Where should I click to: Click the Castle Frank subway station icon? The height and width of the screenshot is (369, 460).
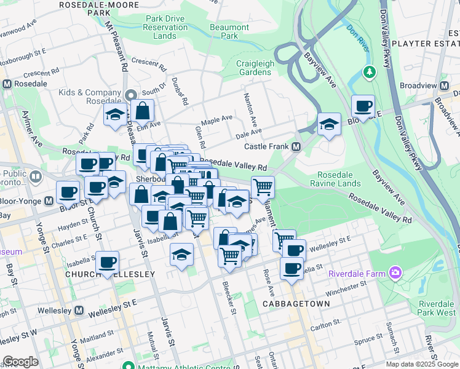tap(296, 147)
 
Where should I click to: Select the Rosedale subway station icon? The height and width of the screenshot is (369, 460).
tap(7, 84)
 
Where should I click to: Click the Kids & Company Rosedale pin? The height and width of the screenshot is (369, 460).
tap(130, 95)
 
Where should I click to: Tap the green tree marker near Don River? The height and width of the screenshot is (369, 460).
tap(369, 72)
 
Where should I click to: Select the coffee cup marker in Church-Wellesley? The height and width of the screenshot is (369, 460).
tap(108, 263)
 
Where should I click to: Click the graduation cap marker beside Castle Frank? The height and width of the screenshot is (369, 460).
tap(330, 125)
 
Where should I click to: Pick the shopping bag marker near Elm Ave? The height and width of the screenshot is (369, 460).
tap(142, 111)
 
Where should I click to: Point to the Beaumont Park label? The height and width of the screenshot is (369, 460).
tap(229, 31)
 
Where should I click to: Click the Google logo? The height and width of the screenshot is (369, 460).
tap(20, 362)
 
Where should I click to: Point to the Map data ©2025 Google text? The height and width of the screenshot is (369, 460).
tap(421, 363)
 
